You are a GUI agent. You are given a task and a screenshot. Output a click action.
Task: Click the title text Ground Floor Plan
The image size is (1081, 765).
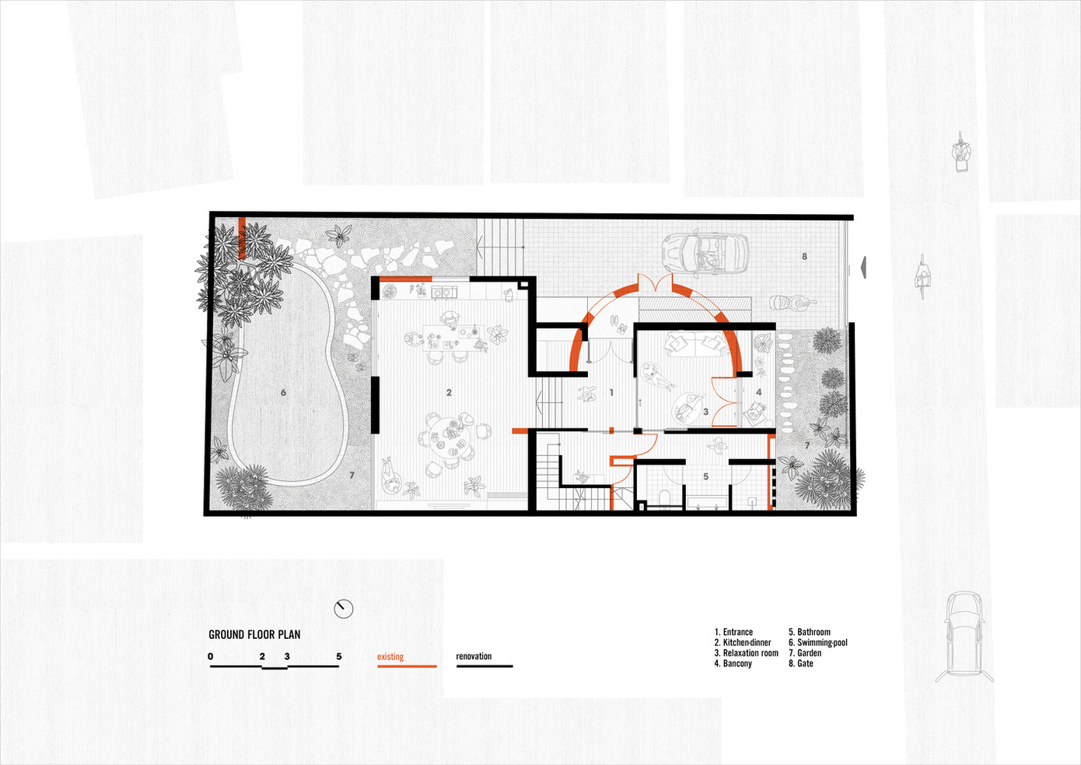(254, 634)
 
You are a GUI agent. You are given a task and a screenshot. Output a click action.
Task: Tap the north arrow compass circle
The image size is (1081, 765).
(344, 609)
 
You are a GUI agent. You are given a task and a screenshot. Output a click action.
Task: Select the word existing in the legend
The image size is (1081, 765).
(390, 657)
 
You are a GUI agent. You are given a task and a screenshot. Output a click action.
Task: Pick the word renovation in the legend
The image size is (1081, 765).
(474, 656)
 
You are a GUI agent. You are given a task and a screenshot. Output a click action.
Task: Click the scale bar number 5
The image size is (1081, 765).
(339, 656)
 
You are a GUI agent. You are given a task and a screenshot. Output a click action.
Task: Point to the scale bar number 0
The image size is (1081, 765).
(211, 656)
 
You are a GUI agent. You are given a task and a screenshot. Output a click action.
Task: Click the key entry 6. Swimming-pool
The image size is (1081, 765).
(818, 642)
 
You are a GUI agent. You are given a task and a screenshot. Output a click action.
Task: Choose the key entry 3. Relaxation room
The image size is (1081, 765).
(747, 653)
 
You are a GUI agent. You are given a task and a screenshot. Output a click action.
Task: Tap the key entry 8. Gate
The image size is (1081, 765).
(801, 664)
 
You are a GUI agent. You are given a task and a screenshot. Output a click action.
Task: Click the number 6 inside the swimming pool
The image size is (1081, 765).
(283, 393)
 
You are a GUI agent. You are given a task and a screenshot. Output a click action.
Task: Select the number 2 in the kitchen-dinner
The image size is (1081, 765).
(449, 393)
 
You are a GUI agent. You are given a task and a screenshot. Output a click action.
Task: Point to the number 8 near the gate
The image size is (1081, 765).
(804, 257)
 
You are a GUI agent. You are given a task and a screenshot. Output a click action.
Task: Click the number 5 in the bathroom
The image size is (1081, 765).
(705, 477)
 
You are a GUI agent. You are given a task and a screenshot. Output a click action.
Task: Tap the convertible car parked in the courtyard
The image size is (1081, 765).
(705, 254)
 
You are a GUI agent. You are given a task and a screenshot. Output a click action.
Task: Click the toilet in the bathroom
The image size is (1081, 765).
(664, 498)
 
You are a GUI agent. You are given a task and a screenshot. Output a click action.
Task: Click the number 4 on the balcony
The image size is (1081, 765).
(758, 392)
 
